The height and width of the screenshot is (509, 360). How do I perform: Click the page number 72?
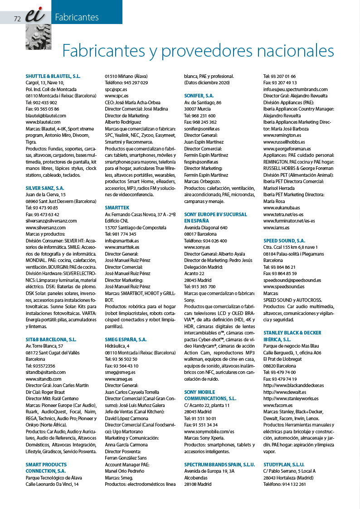click(18, 19)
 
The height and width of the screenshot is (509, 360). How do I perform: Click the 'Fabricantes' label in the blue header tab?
click(77, 18)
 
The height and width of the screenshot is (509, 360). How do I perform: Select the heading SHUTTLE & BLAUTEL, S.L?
click(53, 76)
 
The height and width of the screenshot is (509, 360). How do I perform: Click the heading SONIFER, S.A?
click(199, 96)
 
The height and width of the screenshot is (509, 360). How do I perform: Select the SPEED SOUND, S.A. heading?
click(284, 240)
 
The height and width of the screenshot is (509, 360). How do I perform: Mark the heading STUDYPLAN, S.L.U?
click(284, 465)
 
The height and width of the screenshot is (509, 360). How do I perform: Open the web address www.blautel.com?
click(43, 122)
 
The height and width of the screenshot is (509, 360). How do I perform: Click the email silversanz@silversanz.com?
click(51, 220)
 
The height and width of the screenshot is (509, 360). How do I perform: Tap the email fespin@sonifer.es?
click(201, 162)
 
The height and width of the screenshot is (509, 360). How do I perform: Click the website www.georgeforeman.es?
click(287, 148)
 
